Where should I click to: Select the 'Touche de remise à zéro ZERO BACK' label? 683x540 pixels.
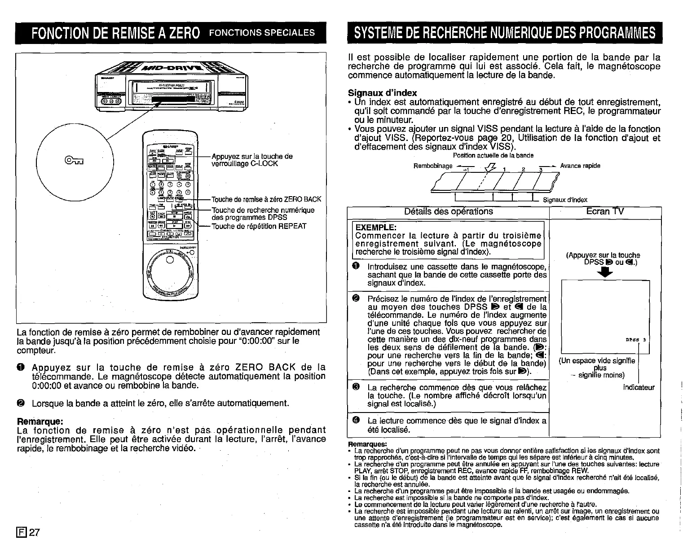click(x=266, y=200)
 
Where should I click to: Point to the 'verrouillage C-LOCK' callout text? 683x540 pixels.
click(x=245, y=163)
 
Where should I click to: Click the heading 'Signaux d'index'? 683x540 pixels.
click(x=383, y=93)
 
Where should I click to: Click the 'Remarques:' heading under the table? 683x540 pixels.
click(x=368, y=444)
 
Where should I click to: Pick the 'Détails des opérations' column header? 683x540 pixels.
click(x=448, y=211)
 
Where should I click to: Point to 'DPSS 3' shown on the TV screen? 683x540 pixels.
click(x=635, y=340)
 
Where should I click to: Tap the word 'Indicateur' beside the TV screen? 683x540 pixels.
click(x=639, y=387)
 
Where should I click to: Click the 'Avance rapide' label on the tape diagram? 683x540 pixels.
click(x=580, y=166)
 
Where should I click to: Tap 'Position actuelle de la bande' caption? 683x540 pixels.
click(x=493, y=156)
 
